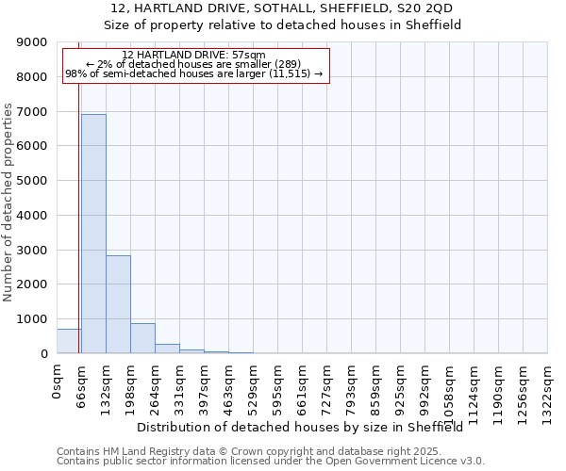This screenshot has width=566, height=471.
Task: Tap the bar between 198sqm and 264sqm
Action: (142, 338)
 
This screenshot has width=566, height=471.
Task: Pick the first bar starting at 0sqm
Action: (69, 341)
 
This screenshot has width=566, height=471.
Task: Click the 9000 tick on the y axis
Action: (32, 42)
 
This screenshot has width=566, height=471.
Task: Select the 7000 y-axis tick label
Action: (32, 111)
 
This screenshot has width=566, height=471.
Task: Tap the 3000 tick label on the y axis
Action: (32, 250)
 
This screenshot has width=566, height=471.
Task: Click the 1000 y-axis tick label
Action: (32, 318)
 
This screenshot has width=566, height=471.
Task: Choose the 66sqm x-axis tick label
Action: (81, 384)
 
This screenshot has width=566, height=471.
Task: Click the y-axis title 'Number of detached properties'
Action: (8, 198)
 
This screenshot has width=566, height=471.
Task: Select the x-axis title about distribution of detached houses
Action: (307, 428)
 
